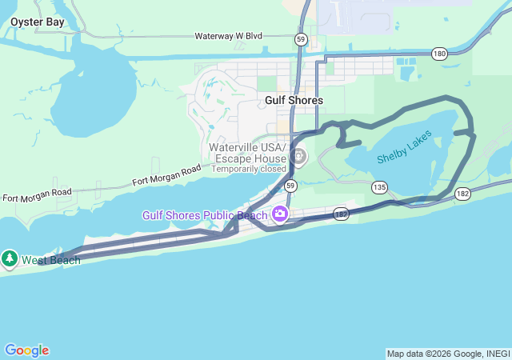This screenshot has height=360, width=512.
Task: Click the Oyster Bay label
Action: [38, 22]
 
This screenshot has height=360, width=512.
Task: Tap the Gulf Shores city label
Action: [294, 100]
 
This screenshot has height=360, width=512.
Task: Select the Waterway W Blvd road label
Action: [229, 36]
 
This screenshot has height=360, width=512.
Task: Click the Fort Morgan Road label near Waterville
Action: [167, 175]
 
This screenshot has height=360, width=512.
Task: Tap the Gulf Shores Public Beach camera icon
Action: [280, 214]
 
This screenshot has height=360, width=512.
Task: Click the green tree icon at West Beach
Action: [10, 258]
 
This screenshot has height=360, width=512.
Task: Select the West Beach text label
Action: [50, 260]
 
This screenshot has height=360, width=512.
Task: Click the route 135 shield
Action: [379, 187]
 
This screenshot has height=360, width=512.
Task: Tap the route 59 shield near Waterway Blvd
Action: [300, 38]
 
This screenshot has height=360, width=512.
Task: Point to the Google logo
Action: [26, 350]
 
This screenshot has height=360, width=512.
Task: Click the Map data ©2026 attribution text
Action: [447, 354]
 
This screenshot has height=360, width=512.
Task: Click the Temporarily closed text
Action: [249, 169]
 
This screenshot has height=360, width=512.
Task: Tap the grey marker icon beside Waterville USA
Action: [298, 156]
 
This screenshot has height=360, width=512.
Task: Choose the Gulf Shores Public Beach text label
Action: [206, 214]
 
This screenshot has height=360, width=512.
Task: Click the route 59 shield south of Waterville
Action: [291, 186]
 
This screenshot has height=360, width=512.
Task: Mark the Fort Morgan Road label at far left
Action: [37, 194]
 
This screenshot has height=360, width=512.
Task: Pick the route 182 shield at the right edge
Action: [463, 194]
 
